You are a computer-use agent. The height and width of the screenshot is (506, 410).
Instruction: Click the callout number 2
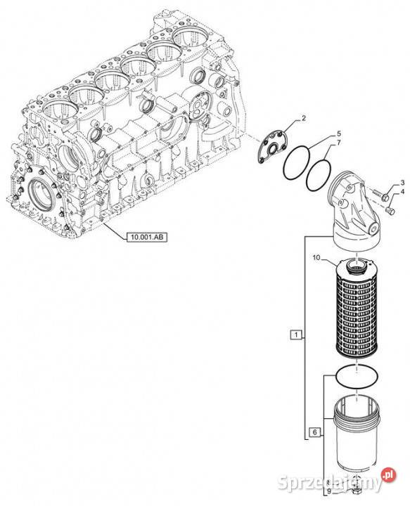304,119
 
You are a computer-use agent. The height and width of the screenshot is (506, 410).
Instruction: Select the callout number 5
339,133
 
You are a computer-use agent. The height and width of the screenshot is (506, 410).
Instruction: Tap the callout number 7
339,142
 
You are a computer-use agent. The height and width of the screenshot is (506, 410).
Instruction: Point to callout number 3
402,183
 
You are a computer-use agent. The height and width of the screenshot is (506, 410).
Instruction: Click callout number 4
402,192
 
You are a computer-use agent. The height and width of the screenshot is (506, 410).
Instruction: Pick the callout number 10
316,257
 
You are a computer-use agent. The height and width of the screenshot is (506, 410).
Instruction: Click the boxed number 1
296,335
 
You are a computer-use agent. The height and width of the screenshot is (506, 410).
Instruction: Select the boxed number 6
315,432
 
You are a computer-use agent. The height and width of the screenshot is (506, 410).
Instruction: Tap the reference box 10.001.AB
147,238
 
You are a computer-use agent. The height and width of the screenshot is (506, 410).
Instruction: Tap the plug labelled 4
390,211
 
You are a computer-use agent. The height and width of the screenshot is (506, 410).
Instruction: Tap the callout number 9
328,491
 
